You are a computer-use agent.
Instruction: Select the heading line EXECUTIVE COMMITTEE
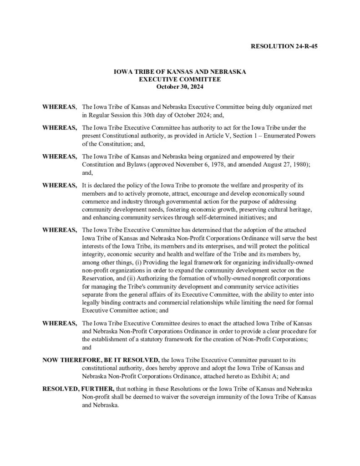(x=180, y=79)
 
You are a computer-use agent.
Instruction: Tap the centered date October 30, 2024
(x=180, y=86)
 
